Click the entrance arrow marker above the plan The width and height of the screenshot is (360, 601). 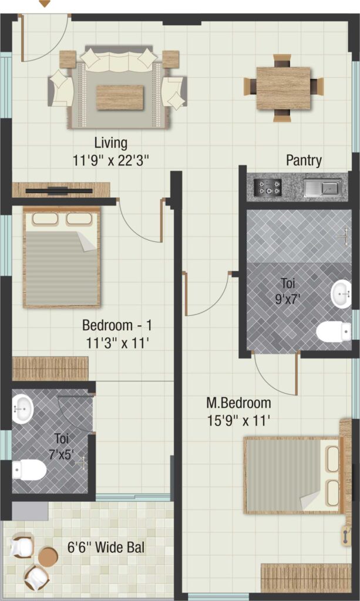[45, 4]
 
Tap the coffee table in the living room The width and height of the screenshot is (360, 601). [120, 98]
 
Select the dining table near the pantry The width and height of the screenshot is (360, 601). [283, 89]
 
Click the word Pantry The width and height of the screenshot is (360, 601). [304, 160]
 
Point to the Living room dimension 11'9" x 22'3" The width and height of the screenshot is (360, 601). [110, 160]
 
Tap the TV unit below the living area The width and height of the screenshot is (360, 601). [61, 190]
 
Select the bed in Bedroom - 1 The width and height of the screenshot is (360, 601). [61, 258]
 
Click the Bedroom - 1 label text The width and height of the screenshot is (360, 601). [117, 326]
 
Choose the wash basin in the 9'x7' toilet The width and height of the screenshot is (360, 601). [341, 294]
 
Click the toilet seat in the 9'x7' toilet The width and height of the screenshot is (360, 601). [334, 331]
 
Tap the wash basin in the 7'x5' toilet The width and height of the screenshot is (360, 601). [23, 409]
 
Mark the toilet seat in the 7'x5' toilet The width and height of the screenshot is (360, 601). [29, 469]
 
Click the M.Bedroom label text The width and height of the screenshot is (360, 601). [238, 403]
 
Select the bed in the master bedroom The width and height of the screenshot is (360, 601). [292, 475]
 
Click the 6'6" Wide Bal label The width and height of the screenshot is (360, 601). [106, 548]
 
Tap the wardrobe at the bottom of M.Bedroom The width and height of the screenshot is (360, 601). [306, 578]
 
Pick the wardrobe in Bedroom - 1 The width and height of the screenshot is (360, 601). [51, 369]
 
